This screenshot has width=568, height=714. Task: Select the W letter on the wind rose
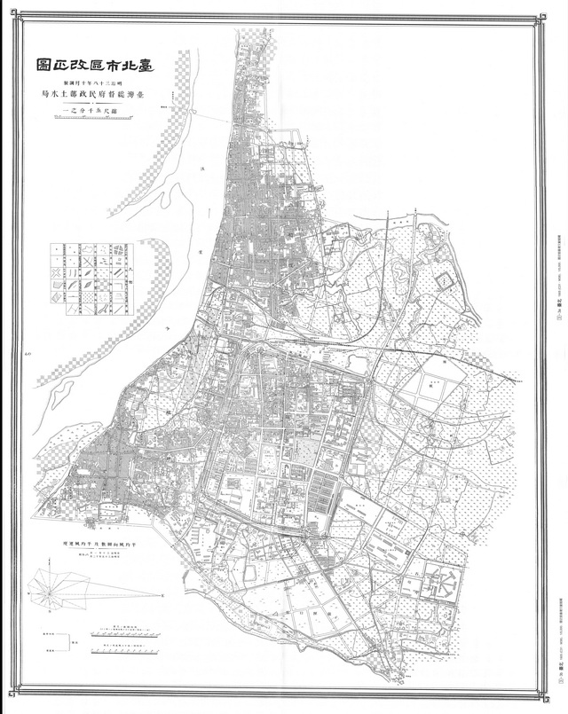(x=28, y=589)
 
